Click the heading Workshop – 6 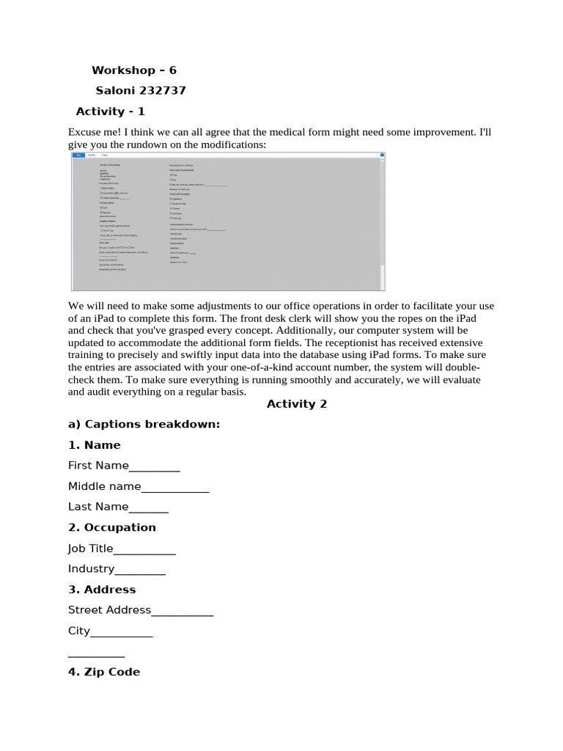coord(133,70)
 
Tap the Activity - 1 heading coord(110,111)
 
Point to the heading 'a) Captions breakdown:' coord(144,424)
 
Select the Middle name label coord(104,486)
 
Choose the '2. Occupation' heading coord(111,527)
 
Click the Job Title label coord(90,549)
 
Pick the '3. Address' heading coord(101,590)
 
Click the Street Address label coord(109,610)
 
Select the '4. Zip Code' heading coord(103,672)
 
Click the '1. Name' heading coord(94,445)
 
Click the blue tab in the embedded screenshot coord(78,155)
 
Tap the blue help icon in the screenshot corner coord(380,155)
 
